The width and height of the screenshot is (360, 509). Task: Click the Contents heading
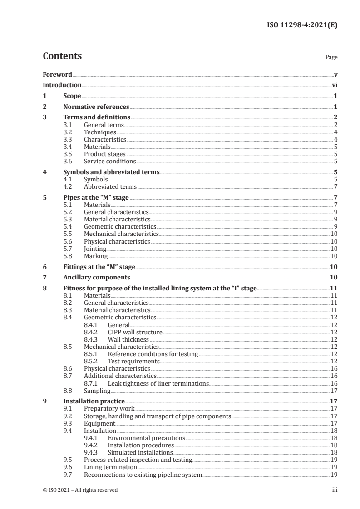[62, 56]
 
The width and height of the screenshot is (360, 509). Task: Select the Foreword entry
[57, 74]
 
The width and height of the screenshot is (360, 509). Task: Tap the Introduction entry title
[62, 85]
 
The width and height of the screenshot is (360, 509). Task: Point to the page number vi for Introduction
[334, 85]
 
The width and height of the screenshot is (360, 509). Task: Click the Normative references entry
[96, 107]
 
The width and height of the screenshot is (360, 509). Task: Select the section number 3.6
[68, 161]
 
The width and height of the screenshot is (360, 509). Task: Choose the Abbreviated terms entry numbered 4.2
[110, 187]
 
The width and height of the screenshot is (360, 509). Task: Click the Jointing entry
[95, 249]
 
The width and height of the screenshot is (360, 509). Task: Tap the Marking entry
[96, 256]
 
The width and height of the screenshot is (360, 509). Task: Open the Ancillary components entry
[97, 277]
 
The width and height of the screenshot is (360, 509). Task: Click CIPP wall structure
[135, 332]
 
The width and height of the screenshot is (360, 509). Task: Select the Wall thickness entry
[128, 339]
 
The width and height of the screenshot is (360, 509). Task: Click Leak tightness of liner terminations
[158, 383]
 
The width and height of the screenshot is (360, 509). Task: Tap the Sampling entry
[97, 391]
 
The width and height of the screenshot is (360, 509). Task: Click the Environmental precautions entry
[147, 438]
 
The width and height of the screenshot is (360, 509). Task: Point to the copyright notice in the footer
[80, 490]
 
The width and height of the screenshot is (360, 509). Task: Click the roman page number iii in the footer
[335, 490]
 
